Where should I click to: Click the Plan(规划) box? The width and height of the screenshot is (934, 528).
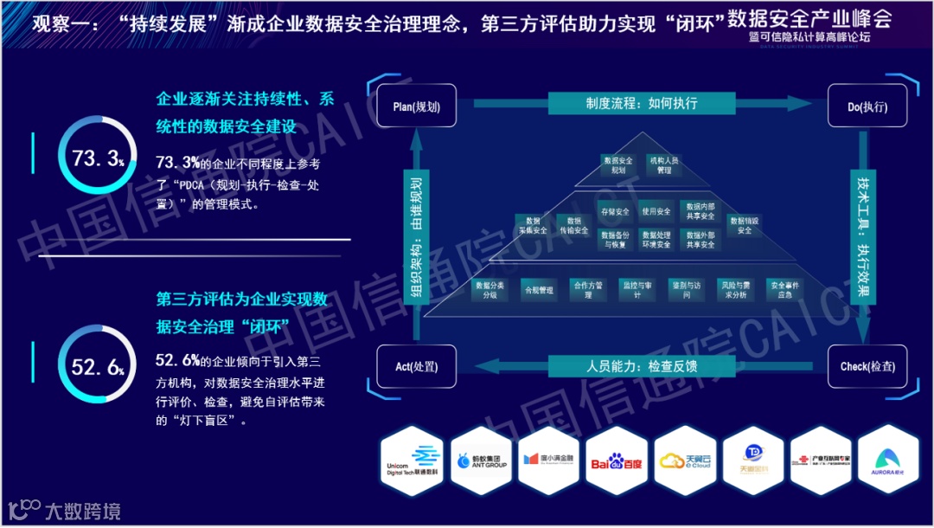tap(416, 107)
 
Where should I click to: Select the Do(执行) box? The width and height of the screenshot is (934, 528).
tap(867, 107)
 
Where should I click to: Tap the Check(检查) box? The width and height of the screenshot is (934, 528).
tap(867, 367)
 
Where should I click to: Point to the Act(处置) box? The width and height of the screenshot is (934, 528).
tap(415, 367)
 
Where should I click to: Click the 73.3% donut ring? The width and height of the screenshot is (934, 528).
tap(98, 159)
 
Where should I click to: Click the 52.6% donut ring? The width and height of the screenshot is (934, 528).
tap(98, 368)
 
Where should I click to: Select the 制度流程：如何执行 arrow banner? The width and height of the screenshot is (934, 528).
tap(641, 103)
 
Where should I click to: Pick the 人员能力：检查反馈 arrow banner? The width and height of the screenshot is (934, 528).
tap(641, 366)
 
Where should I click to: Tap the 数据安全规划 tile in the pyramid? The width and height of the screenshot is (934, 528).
tap(617, 165)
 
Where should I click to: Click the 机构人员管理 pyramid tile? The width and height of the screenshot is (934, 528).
tap(664, 165)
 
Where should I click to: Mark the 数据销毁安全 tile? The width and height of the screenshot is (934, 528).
tap(744, 225)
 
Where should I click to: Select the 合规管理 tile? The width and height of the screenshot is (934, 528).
tap(538, 290)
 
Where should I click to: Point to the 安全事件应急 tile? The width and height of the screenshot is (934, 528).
tap(784, 290)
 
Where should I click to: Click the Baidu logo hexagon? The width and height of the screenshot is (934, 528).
tap(617, 462)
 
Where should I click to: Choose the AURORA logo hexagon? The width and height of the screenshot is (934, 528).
tap(888, 462)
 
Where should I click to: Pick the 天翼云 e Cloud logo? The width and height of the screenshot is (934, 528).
tap(685, 462)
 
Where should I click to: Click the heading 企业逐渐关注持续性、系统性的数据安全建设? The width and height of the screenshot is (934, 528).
tap(245, 113)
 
